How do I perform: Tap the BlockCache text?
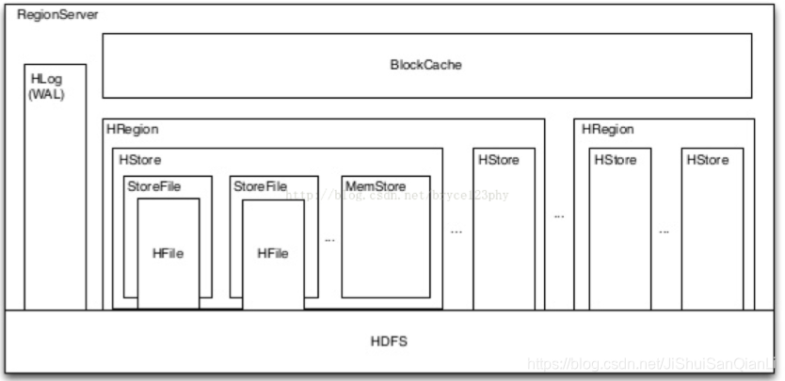click(x=426, y=66)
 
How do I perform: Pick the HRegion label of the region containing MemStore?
click(x=133, y=130)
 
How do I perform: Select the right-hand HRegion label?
click(x=607, y=130)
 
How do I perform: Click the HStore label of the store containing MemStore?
click(x=140, y=160)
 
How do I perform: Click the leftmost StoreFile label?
click(x=153, y=187)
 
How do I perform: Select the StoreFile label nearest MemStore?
click(x=260, y=187)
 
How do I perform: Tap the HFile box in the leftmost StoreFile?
click(x=168, y=254)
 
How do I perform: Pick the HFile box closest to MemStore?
click(x=273, y=254)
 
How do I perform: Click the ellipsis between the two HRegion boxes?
click(x=558, y=215)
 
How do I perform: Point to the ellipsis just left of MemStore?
click(x=329, y=240)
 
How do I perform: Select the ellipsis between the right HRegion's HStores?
click(x=665, y=230)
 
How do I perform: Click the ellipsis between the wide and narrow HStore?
click(x=457, y=230)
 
